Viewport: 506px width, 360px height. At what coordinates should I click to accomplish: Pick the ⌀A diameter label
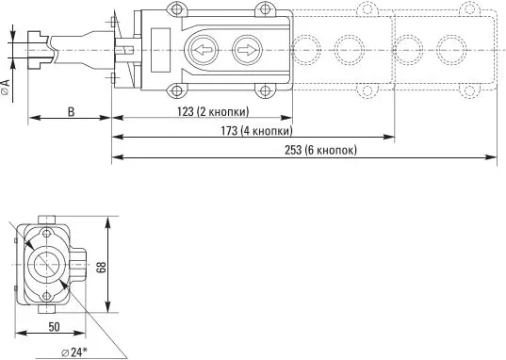click(7, 90)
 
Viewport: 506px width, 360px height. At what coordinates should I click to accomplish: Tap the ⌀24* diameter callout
click(73, 352)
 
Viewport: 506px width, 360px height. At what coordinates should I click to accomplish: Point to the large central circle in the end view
click(45, 265)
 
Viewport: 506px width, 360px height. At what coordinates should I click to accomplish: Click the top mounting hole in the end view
click(47, 232)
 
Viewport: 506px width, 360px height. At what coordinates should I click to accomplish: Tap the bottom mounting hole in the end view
click(47, 299)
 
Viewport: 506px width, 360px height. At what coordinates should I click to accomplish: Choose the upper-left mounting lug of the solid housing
click(175, 8)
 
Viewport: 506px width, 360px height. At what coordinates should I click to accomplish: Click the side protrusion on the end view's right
click(82, 265)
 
